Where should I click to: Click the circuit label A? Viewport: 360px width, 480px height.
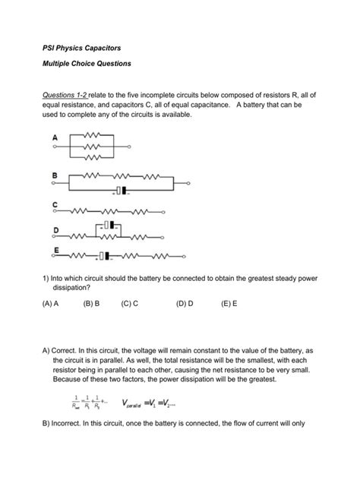coord(55,137)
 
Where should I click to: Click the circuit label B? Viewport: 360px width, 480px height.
coord(55,175)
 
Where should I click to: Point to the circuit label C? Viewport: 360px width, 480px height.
coord(55,204)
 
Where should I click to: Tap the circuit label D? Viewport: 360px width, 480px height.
coord(55,229)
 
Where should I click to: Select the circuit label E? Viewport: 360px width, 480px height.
coord(55,250)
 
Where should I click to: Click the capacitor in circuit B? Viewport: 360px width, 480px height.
coord(119,191)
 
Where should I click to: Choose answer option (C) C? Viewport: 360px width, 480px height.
coord(129,302)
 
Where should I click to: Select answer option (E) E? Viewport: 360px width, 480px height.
coord(229,302)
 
